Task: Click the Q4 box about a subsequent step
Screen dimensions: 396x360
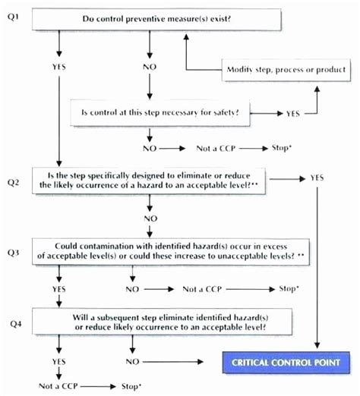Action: (x=156, y=322)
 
